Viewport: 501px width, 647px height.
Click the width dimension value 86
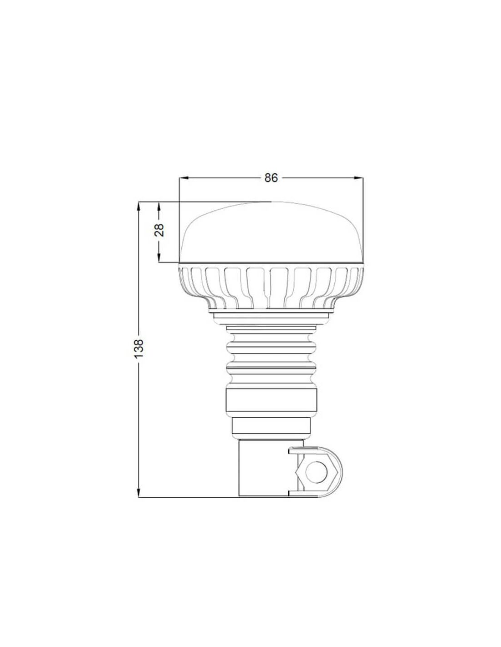(x=271, y=178)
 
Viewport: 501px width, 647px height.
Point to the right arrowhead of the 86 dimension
(x=358, y=178)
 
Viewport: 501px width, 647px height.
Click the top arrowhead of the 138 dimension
(x=138, y=207)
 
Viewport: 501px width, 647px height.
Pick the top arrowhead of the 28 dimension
(x=159, y=207)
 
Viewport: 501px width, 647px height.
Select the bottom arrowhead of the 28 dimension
(x=159, y=257)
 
